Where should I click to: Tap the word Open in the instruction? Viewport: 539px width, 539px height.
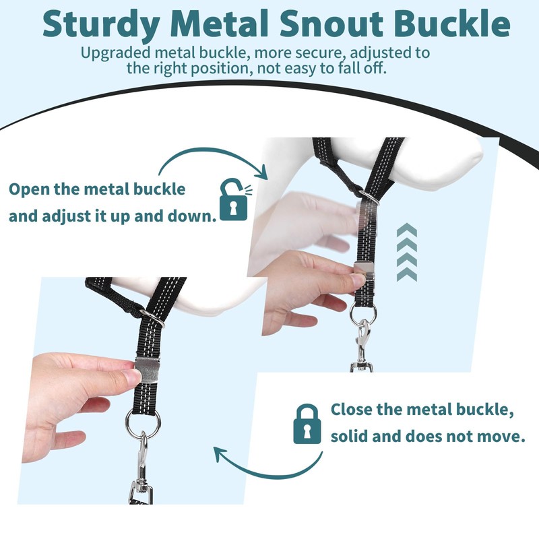pyautogui.click(x=30, y=188)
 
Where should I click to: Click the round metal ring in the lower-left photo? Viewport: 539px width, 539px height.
pyautogui.click(x=143, y=423)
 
